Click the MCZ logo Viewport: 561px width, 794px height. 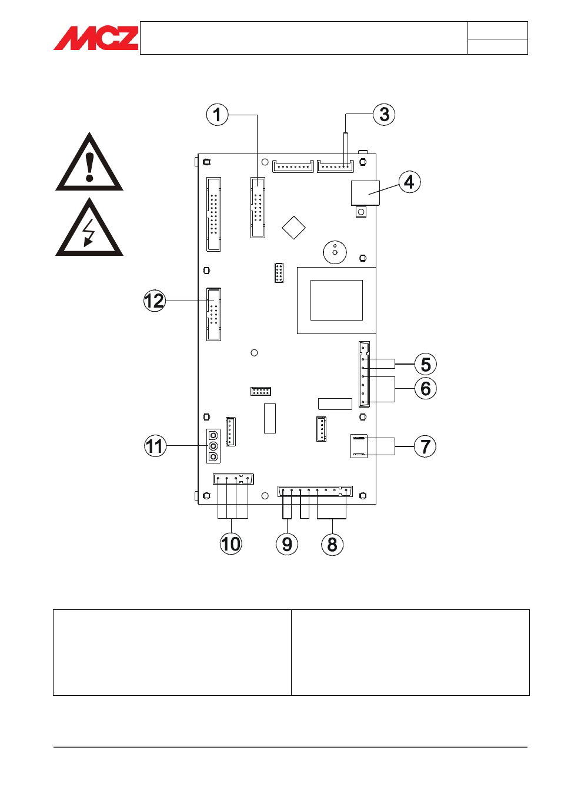click(96, 38)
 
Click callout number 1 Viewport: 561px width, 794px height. click(217, 114)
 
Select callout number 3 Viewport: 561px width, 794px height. click(384, 114)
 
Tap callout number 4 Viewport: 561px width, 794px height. click(409, 182)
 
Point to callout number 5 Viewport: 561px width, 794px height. click(426, 365)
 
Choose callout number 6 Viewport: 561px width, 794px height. click(426, 389)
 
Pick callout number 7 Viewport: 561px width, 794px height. click(425, 446)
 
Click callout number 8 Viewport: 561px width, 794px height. click(332, 545)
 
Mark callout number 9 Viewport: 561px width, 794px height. click(287, 545)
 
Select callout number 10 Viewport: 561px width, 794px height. click(231, 544)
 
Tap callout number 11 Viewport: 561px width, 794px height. click(155, 446)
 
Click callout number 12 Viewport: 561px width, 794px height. click(155, 301)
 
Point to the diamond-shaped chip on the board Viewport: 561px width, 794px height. click(293, 228)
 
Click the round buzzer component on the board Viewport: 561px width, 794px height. click(335, 252)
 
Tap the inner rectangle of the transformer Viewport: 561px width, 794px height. click(336, 300)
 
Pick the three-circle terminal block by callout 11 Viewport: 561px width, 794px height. click(213, 446)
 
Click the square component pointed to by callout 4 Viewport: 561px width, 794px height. click(365, 193)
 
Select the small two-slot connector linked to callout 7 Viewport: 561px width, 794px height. click(359, 446)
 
